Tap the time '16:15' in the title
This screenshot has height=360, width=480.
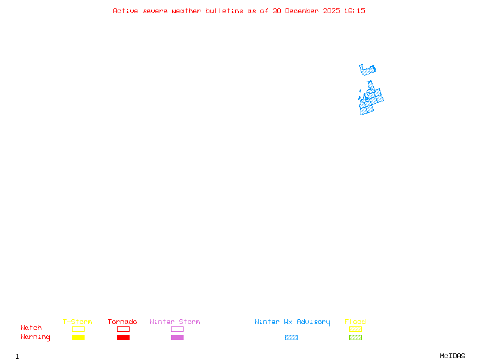point(356,11)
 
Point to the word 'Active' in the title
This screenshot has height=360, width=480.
point(126,11)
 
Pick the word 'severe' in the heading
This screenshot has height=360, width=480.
point(155,11)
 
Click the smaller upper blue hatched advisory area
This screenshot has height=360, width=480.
point(367,70)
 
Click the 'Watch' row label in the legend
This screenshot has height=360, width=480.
point(31,328)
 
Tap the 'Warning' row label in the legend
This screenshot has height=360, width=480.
point(35,337)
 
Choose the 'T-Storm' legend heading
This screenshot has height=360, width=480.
point(77,322)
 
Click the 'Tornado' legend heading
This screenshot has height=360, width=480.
point(122,322)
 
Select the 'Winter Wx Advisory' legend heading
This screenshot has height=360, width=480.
point(292,322)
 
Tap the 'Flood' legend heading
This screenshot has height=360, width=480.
point(355,322)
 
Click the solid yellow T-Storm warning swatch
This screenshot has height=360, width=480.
point(78,338)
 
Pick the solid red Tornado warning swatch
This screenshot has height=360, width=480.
point(123,338)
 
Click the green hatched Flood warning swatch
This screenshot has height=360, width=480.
point(355,338)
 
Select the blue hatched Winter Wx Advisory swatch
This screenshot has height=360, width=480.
point(291,338)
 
